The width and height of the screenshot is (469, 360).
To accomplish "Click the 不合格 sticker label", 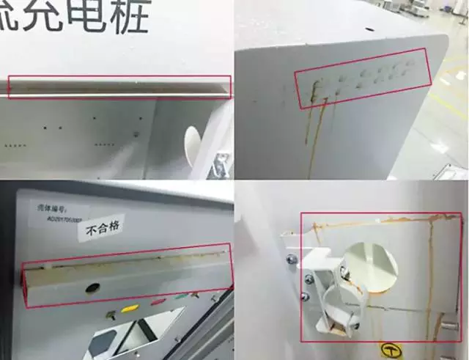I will coord(102,230).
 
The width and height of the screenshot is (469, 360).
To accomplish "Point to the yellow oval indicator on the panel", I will coord(129,309).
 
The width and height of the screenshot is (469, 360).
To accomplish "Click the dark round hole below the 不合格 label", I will coord(92,288).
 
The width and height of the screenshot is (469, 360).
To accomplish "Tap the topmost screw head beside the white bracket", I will coord(292,258).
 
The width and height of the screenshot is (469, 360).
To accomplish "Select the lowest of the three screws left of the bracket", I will coord(302,296).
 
